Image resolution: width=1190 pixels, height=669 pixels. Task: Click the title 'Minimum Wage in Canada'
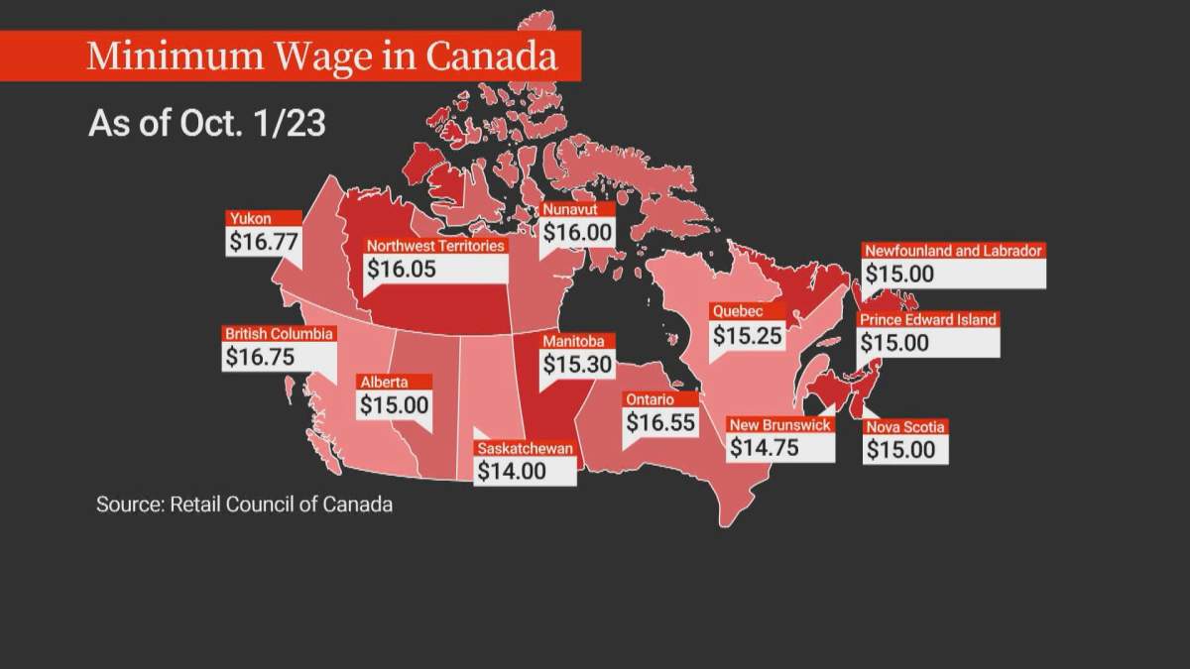tap(321, 56)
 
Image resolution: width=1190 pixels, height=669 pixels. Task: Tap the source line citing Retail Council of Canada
tap(244, 504)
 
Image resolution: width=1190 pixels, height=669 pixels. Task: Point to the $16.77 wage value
tap(263, 241)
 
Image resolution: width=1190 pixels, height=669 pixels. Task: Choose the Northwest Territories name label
tap(435, 246)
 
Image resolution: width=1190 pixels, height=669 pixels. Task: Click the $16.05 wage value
tap(401, 269)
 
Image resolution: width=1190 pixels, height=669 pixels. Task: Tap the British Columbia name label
tap(280, 334)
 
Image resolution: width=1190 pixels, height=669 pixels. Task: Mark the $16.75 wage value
tap(260, 357)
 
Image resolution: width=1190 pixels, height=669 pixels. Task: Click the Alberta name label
tap(382, 382)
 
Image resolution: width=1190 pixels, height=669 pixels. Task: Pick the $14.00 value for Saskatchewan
tap(512, 471)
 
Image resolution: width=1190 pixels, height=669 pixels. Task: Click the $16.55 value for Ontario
tap(660, 422)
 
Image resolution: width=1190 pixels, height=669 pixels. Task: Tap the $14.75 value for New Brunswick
tap(764, 447)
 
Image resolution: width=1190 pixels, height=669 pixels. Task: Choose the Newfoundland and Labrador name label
tap(952, 251)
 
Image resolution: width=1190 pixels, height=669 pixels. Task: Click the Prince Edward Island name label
tap(927, 320)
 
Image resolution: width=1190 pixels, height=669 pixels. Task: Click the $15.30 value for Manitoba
tap(577, 364)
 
